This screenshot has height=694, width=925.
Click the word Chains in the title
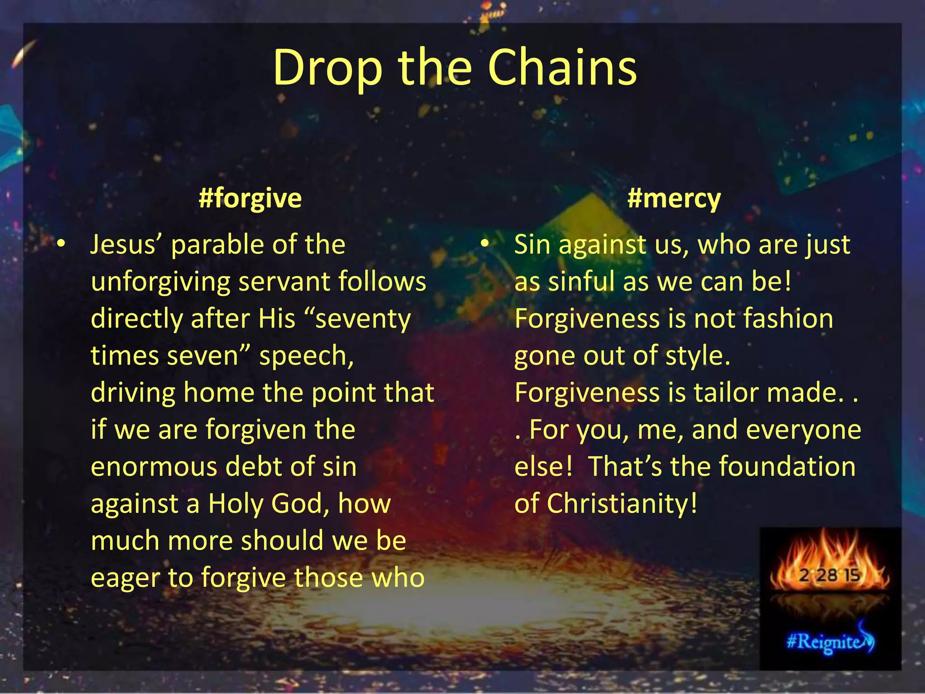coord(562,68)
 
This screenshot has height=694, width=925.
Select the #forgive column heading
coord(250,198)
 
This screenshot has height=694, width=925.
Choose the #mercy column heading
coord(674,198)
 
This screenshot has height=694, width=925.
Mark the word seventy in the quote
coord(363,319)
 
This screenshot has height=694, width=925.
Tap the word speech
coord(306,356)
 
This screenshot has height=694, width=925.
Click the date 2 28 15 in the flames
coord(829,575)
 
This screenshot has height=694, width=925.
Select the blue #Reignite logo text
coord(827,642)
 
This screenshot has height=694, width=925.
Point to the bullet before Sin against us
coord(485,244)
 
